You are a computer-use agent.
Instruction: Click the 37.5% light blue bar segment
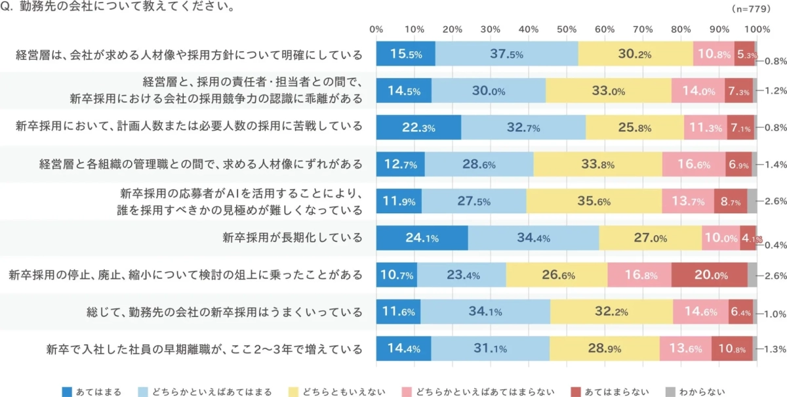pyautogui.click(x=506, y=54)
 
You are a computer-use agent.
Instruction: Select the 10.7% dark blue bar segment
pyautogui.click(x=396, y=276)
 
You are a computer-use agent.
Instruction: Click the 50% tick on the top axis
pyautogui.click(x=567, y=29)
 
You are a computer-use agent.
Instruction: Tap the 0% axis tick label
pyautogui.click(x=376, y=29)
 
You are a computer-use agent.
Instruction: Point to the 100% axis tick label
pyautogui.click(x=757, y=29)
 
